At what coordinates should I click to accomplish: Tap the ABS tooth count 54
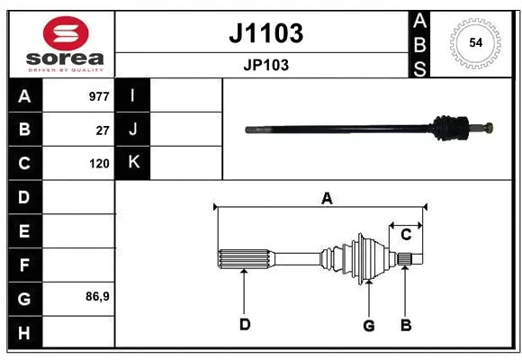[474, 42]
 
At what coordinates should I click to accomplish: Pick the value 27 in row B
[103, 130]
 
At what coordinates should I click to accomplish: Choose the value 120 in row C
[99, 164]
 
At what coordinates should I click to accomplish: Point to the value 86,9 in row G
[97, 296]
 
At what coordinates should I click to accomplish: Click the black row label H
[24, 333]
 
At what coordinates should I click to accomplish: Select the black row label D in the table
[24, 196]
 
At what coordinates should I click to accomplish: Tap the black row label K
[133, 163]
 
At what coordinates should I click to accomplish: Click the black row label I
[133, 95]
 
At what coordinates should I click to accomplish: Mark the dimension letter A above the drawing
[327, 198]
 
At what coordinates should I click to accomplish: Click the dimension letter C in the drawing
[406, 235]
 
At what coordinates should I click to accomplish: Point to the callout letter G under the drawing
[368, 325]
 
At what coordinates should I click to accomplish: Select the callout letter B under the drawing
[406, 325]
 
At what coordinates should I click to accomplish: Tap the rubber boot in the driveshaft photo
[446, 128]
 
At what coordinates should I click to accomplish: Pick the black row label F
[24, 265]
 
